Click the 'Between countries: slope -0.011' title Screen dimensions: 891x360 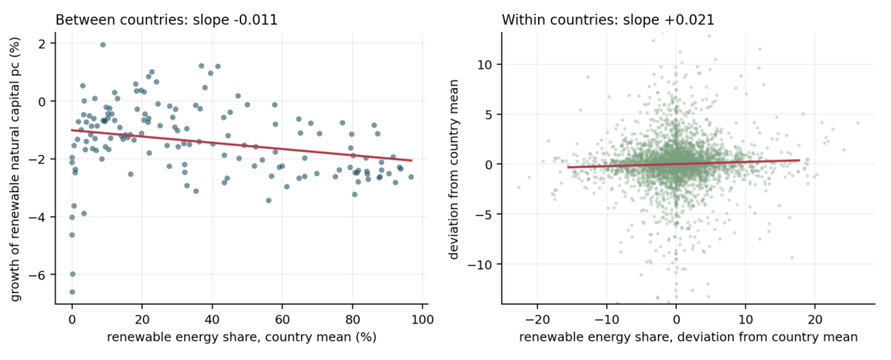click(x=166, y=20)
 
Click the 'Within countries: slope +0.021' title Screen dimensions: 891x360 click(x=608, y=20)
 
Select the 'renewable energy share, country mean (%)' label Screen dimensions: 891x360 click(x=241, y=337)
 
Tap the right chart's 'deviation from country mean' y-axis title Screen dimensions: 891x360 click(x=453, y=169)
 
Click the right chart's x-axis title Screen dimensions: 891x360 click(x=688, y=337)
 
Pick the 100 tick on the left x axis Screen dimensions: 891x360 click(x=422, y=319)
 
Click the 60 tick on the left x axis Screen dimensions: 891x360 click(x=282, y=319)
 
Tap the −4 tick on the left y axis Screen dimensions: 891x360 click(x=37, y=217)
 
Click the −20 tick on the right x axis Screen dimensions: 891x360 click(x=537, y=319)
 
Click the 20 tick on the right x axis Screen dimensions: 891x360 click(x=815, y=319)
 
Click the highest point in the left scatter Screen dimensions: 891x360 click(x=103, y=44)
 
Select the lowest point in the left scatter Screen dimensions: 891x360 click(x=72, y=292)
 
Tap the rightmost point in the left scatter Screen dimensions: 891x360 click(x=411, y=177)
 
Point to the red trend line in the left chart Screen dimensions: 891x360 click(x=242, y=145)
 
